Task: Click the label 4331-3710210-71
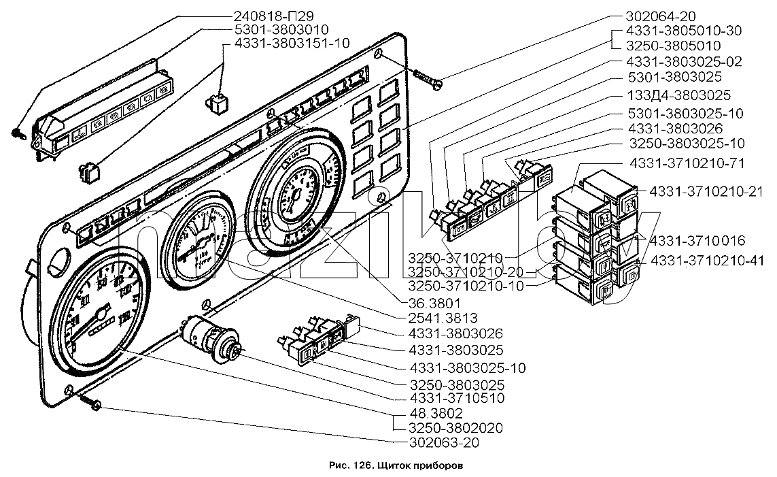point(687,163)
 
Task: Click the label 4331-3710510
point(457,398)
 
